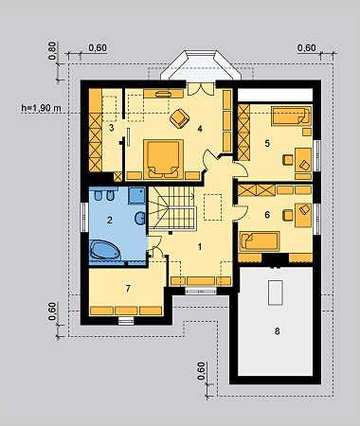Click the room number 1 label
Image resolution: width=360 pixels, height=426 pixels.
[200, 247]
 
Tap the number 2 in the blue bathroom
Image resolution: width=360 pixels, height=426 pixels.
[110, 220]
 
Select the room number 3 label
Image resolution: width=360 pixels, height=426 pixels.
[111, 128]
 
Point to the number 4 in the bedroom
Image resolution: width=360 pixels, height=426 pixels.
[200, 129]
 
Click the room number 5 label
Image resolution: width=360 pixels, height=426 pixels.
[267, 144]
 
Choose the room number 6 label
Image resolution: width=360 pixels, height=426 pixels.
[267, 215]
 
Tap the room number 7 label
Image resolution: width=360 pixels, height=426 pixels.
[128, 289]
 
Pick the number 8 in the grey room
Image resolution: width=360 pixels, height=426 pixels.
[277, 331]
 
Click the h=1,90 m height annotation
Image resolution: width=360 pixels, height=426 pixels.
[41, 108]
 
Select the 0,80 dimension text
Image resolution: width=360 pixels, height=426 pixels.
[52, 50]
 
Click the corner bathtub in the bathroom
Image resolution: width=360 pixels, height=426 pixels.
[104, 250]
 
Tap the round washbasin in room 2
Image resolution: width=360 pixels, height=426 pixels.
[140, 219]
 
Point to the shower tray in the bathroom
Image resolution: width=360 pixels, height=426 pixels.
[137, 195]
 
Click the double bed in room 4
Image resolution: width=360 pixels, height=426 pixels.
[163, 159]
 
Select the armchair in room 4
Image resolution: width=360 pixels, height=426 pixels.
[179, 118]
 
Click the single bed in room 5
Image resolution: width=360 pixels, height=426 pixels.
[291, 115]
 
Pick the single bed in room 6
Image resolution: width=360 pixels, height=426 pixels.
[260, 241]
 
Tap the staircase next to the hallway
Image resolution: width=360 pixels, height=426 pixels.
[171, 208]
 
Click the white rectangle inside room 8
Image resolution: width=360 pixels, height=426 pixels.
[276, 293]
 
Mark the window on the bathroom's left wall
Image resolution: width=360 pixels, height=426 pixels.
[84, 217]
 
